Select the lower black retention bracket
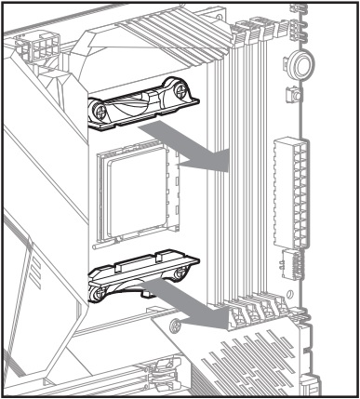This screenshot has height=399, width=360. (x=140, y=279)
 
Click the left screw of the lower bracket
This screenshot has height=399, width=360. (x=97, y=292)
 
